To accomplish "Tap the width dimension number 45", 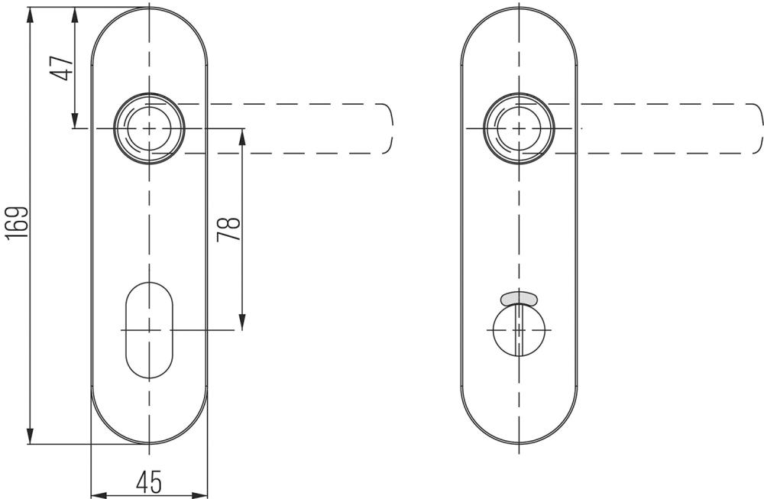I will (x=148, y=481).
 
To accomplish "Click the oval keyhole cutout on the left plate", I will (x=148, y=330).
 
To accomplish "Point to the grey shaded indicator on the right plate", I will (x=519, y=296).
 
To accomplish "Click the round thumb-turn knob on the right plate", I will (x=519, y=330).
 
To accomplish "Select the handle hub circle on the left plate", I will (x=149, y=128).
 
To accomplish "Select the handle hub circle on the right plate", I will (x=520, y=128).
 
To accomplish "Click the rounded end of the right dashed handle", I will (x=758, y=128).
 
